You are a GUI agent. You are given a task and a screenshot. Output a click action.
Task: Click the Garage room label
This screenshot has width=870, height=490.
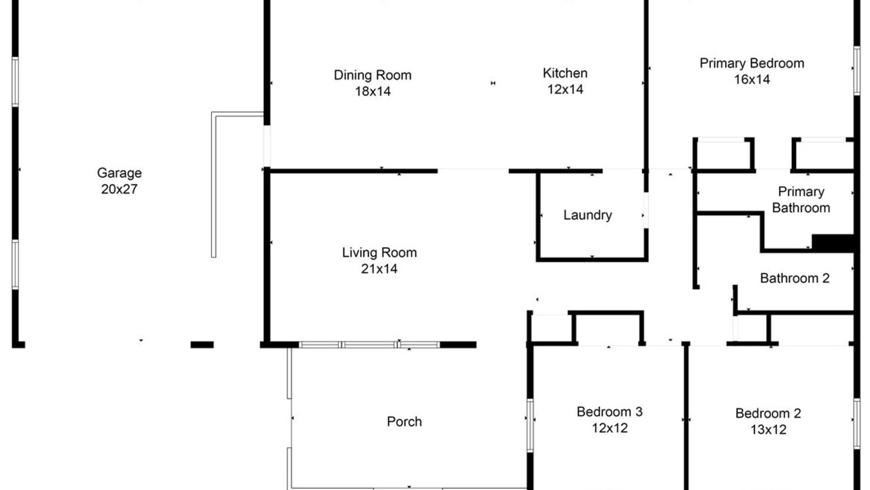point(119,174)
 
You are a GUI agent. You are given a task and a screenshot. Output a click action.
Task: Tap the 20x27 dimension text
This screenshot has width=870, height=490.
point(119,189)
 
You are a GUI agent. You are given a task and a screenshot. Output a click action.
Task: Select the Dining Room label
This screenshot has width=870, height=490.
point(372,75)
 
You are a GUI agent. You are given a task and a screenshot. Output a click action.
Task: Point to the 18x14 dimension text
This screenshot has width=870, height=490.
point(373,91)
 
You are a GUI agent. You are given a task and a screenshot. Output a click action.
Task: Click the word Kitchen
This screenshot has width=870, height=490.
point(565,73)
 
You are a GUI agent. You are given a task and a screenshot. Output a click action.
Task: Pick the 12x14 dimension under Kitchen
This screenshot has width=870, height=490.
point(565,89)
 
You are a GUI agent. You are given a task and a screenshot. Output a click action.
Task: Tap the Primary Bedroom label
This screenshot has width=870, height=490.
point(752,63)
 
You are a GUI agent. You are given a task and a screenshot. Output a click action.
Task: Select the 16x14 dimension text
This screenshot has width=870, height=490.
point(752,80)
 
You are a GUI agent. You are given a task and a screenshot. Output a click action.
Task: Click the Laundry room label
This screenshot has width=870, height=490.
point(588,215)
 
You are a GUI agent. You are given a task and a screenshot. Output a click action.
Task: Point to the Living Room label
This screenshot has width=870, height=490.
point(379,252)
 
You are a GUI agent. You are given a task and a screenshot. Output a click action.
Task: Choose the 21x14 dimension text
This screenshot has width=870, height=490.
point(379,269)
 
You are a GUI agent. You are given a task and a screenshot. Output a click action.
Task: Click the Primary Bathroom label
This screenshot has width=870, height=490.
point(801,200)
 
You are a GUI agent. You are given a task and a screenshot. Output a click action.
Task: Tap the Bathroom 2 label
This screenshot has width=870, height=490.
point(795,278)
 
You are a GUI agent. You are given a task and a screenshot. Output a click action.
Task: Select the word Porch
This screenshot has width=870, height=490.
point(404,421)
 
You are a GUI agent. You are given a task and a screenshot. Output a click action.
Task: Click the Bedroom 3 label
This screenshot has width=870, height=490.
point(610,412)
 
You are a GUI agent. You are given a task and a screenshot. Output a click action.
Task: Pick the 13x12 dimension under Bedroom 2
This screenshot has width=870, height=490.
point(768,429)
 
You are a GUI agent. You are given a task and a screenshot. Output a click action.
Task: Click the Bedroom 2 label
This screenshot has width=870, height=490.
point(768,413)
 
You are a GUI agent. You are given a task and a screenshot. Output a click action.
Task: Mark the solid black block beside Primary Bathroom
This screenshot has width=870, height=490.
point(833,243)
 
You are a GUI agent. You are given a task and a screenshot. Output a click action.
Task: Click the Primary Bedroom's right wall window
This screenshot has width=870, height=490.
point(857,70)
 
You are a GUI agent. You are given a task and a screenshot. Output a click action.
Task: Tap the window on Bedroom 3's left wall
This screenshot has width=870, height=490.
point(529,425)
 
